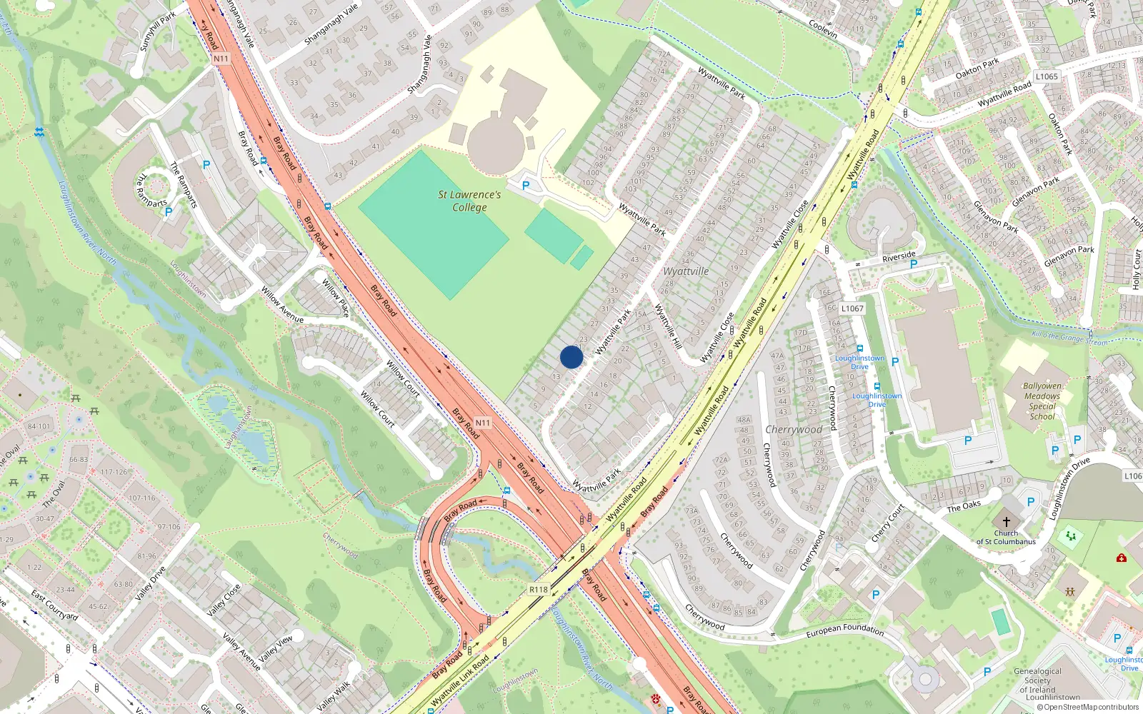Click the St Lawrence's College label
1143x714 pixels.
[x=469, y=201]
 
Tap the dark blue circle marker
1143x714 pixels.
[x=571, y=357]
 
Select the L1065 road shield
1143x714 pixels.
[x=1047, y=76]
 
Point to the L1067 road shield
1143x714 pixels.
[x=852, y=308]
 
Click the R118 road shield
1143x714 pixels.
[x=539, y=590]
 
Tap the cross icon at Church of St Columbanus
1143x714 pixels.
[x=1007, y=522]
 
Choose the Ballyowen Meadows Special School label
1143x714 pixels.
[x=1042, y=401]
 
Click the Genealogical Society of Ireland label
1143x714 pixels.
[x=1038, y=684]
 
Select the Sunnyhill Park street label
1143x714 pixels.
[x=157, y=32]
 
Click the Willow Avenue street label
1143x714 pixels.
[x=281, y=305]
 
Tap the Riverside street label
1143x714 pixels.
[x=899, y=256]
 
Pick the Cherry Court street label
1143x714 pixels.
[x=887, y=523]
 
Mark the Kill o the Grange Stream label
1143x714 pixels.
[x=1069, y=338]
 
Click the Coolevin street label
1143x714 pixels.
[x=823, y=29]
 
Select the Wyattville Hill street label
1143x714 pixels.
[x=668, y=326]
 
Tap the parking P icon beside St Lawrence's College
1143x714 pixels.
[x=526, y=186]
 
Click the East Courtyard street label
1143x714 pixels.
[x=54, y=605]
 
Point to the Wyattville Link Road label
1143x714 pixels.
[x=461, y=681]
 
